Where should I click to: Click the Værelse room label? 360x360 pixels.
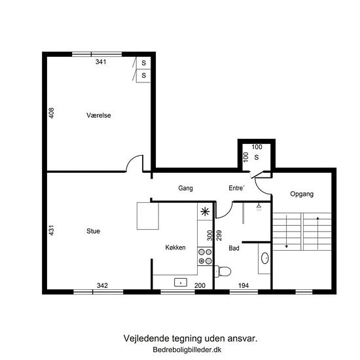pyautogui.click(x=99, y=115)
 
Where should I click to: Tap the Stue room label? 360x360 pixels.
pyautogui.click(x=93, y=231)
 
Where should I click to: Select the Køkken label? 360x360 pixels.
pyautogui.click(x=175, y=247)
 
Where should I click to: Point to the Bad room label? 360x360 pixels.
pyautogui.click(x=234, y=248)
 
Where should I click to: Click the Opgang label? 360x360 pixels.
pyautogui.click(x=302, y=194)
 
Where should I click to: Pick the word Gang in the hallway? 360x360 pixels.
pyautogui.click(x=185, y=189)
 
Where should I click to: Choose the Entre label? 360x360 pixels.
pyautogui.click(x=236, y=188)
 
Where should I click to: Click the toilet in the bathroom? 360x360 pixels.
pyautogui.click(x=223, y=271)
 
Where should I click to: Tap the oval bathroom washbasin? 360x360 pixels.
pyautogui.click(x=265, y=258)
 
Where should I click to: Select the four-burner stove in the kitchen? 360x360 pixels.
pyautogui.click(x=205, y=257)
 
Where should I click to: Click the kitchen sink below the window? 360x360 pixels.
pyautogui.click(x=181, y=282)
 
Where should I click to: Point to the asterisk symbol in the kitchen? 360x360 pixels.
pyautogui.click(x=205, y=211)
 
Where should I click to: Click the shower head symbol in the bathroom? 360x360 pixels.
pyautogui.click(x=259, y=207)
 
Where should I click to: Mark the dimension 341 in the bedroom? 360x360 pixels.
pyautogui.click(x=101, y=62)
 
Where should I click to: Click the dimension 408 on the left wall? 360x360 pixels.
pyautogui.click(x=52, y=113)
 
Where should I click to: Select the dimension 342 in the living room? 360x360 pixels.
pyautogui.click(x=102, y=285)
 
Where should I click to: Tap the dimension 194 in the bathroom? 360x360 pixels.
pyautogui.click(x=243, y=285)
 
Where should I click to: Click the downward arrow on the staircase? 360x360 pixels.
pyautogui.click(x=287, y=232)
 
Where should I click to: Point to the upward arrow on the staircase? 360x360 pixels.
pyautogui.click(x=317, y=233)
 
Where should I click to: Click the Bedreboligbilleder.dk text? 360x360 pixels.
pyautogui.click(x=187, y=350)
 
